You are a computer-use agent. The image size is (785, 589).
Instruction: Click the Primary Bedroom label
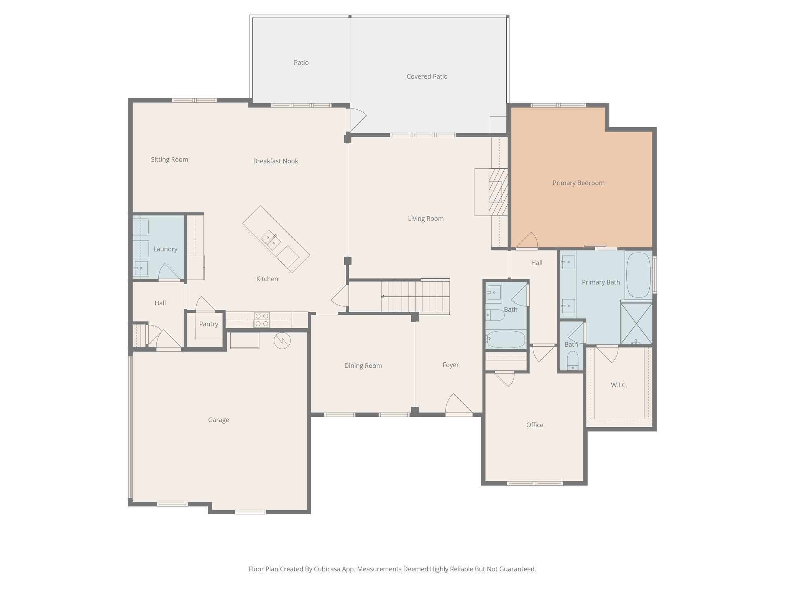coord(578,183)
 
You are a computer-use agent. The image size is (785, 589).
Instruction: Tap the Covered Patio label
coord(427,76)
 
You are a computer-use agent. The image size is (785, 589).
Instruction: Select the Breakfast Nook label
coord(276,161)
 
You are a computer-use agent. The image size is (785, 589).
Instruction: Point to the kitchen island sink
coord(271,240)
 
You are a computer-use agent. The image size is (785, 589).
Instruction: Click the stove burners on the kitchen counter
coord(262,320)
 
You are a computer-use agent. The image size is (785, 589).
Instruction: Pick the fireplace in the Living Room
coord(498,192)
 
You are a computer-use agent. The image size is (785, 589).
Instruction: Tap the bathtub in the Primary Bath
coord(638,275)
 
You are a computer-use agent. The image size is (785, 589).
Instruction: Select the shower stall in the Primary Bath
coord(636,323)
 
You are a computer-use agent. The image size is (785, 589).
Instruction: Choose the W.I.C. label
coord(619,385)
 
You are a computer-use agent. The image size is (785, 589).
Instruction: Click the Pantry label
coord(209,324)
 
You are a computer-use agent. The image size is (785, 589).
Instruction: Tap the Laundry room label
coord(165,249)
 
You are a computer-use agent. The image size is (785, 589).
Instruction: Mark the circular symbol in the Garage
coord(282,341)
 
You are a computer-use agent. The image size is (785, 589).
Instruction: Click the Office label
coord(535,425)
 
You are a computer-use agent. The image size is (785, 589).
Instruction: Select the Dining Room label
coord(363,366)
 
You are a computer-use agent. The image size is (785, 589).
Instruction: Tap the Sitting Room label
coord(169,160)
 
